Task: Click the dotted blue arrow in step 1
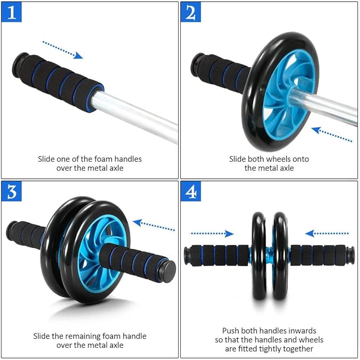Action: tap(63, 49)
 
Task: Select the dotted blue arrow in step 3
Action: tap(153, 225)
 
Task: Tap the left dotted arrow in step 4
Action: tap(212, 233)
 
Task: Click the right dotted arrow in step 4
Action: tap(327, 233)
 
